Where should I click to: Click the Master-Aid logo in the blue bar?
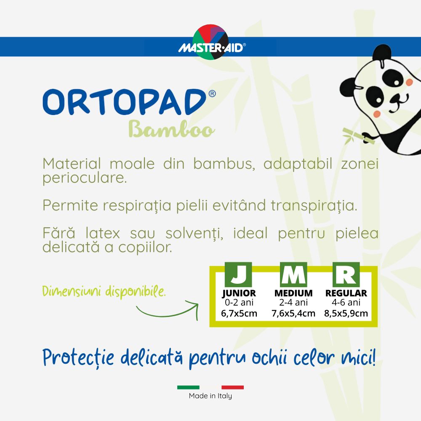[211, 42]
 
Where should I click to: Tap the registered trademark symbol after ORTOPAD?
[212, 93]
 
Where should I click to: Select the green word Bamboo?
[172, 129]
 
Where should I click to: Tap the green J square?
[238, 274]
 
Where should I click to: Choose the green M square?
[293, 274]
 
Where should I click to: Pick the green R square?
[346, 274]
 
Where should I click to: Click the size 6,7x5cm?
[239, 313]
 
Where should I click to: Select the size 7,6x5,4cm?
[293, 313]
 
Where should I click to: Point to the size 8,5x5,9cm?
[346, 313]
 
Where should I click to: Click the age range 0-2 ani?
[239, 303]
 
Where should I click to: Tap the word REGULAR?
[346, 293]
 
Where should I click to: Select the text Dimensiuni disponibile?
[104, 292]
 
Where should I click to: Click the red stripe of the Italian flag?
[232, 387]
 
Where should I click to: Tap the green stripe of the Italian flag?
[188, 387]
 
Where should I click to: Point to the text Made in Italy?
[210, 396]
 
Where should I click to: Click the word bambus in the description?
[224, 164]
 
